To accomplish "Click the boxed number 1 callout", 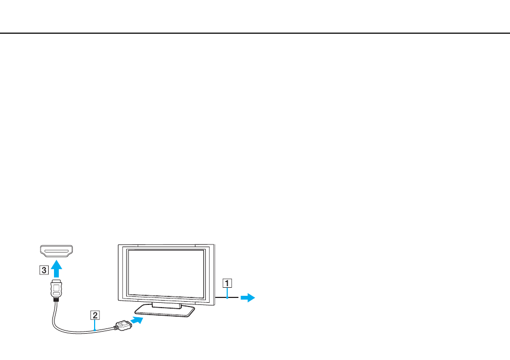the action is click(227, 283).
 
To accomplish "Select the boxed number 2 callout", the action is click(95, 315).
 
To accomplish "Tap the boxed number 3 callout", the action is click(44, 270).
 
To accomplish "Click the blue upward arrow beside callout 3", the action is click(57, 269).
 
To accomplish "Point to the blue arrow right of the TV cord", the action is click(248, 297).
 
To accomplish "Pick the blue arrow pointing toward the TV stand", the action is click(137, 320).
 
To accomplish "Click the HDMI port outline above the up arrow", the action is click(56, 251).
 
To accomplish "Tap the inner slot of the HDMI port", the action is click(56, 251).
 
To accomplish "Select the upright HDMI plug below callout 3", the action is click(57, 288).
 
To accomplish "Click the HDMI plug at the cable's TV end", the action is click(122, 326).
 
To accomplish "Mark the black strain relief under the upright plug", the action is click(57, 300).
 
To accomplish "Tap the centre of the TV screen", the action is click(166, 274).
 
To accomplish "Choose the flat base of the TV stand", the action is click(165, 311).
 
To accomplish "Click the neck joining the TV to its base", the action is click(166, 305).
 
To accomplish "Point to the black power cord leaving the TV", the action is click(227, 297).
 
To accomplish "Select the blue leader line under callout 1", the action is click(227, 293).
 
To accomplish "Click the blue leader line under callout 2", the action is click(95, 325).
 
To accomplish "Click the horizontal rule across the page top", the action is click(255, 33).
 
